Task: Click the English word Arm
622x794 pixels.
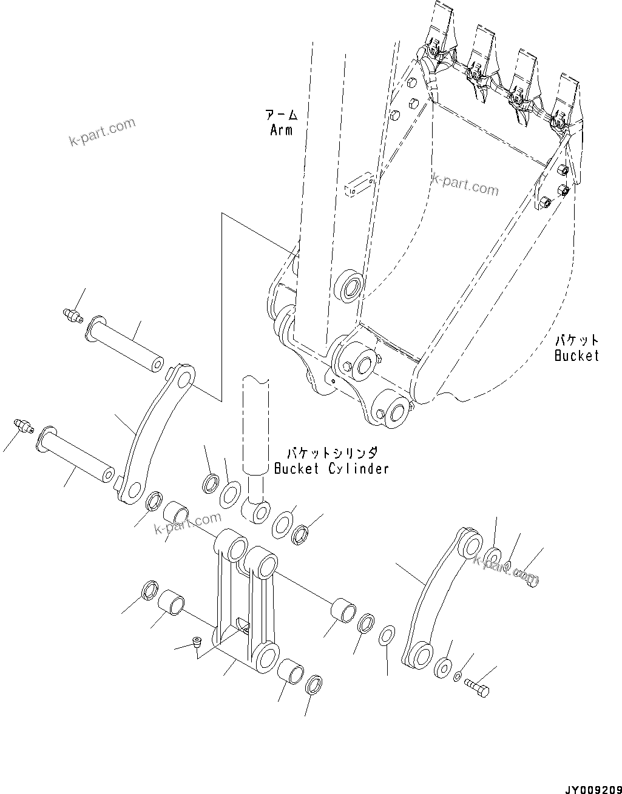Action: [x=281, y=130]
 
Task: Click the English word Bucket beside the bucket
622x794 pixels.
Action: [x=576, y=355]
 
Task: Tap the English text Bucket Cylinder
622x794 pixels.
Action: [x=331, y=468]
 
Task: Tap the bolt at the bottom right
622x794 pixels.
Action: [x=478, y=688]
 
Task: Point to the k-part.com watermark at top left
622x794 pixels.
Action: [x=102, y=133]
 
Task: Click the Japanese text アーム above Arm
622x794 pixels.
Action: [x=281, y=115]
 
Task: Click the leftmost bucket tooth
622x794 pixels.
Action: [x=439, y=27]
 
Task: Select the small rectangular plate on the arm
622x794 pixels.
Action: [x=358, y=186]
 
